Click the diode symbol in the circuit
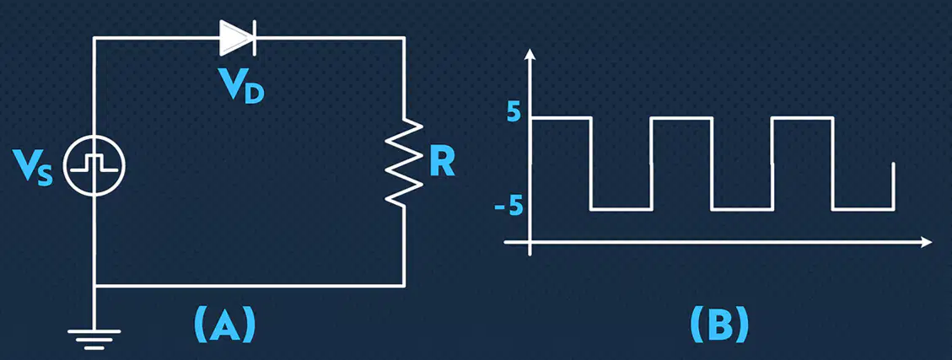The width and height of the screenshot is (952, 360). pyautogui.click(x=238, y=38)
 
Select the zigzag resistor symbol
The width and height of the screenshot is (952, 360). pyautogui.click(x=405, y=162)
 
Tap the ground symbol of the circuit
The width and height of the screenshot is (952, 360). pyautogui.click(x=94, y=340)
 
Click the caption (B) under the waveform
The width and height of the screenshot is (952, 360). pyautogui.click(x=719, y=324)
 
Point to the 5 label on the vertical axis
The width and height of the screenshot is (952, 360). pyautogui.click(x=513, y=113)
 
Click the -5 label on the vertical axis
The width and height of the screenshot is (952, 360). pyautogui.click(x=508, y=207)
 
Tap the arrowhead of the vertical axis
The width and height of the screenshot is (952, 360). pyautogui.click(x=530, y=55)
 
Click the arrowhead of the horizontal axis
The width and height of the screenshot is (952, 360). pyautogui.click(x=925, y=242)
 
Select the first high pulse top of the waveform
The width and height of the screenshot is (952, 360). pyautogui.click(x=561, y=118)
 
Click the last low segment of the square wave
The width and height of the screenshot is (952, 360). pyautogui.click(x=863, y=209)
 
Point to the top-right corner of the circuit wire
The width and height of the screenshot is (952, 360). pyautogui.click(x=404, y=38)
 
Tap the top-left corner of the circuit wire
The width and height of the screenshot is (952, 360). pyautogui.click(x=94, y=38)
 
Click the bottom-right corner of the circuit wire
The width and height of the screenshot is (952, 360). pyautogui.click(x=404, y=285)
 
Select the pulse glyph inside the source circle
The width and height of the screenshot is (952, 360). pyautogui.click(x=94, y=163)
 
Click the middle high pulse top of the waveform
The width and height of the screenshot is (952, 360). pyautogui.click(x=681, y=118)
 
